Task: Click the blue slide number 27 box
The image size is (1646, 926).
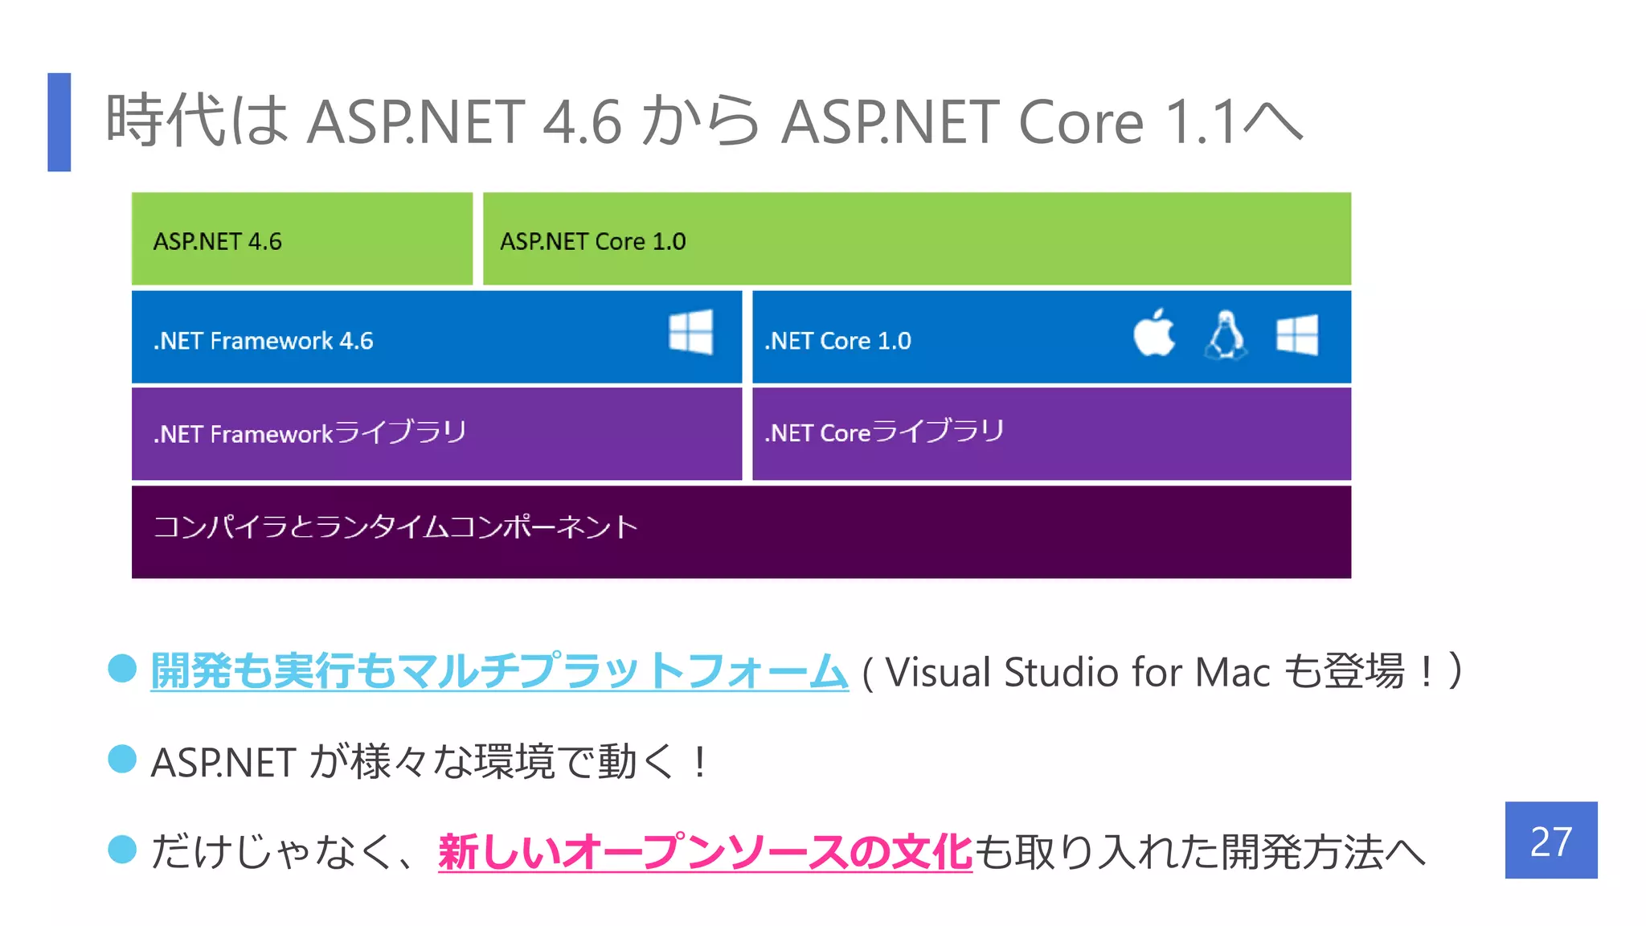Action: tap(1550, 840)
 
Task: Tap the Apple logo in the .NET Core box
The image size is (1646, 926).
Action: tap(1154, 333)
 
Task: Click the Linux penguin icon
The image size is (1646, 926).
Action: tap(1225, 334)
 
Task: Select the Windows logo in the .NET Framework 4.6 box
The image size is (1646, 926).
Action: tap(690, 332)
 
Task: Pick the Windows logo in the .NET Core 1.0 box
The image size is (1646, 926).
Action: tap(1296, 334)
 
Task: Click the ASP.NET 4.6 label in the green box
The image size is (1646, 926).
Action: tap(218, 241)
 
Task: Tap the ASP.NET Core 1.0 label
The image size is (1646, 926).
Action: tap(593, 241)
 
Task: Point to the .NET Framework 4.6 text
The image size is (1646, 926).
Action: tap(264, 341)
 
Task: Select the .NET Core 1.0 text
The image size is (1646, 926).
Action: tap(837, 341)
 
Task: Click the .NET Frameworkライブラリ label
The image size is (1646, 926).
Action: tap(310, 433)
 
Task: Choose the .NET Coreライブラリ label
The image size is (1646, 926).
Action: tap(884, 432)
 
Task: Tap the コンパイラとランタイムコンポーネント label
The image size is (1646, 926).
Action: tap(395, 527)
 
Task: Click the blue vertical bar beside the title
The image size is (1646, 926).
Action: tap(59, 122)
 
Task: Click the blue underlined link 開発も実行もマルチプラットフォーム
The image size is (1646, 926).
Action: tap(499, 671)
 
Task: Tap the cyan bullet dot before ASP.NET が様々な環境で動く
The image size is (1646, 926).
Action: tap(122, 759)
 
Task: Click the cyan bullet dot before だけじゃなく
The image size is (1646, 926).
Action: tap(122, 850)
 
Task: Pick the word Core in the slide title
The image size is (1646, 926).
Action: tap(1081, 122)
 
